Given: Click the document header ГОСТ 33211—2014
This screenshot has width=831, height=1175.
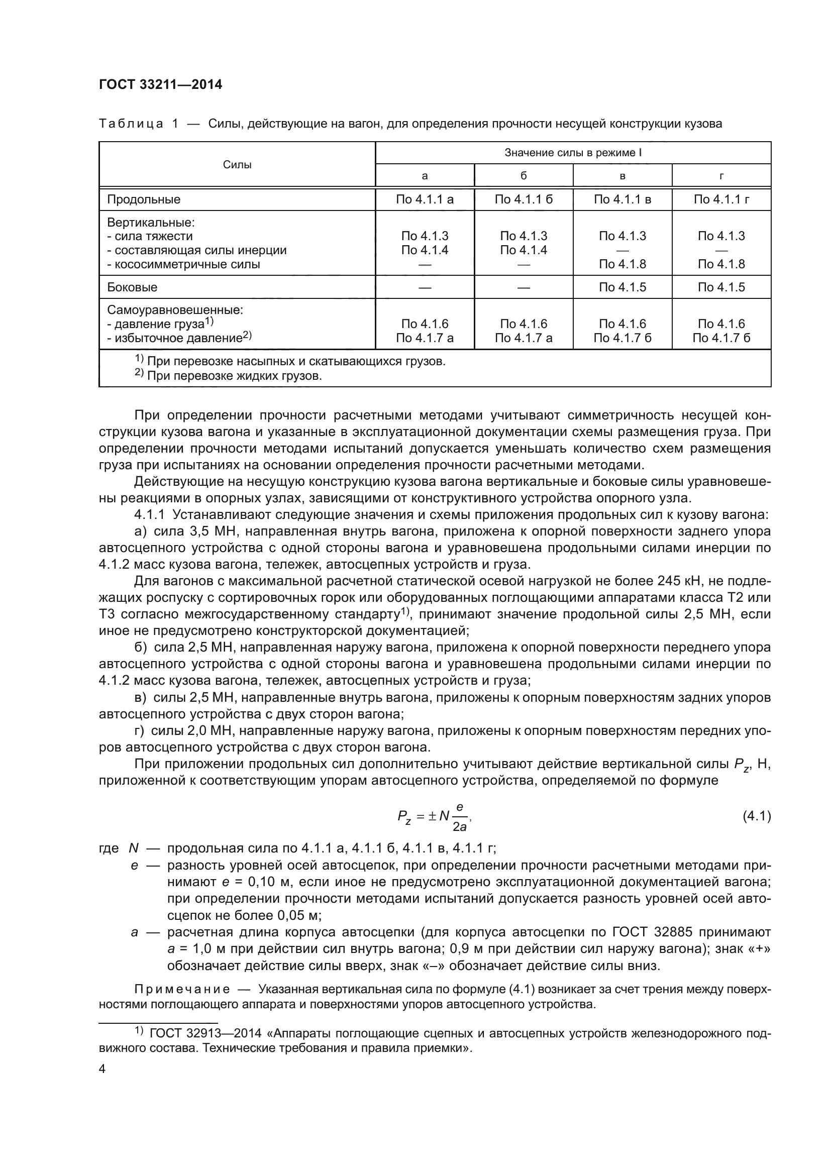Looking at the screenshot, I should pyautogui.click(x=160, y=85).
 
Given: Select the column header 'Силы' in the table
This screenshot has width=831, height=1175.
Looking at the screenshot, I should pyautogui.click(x=237, y=165).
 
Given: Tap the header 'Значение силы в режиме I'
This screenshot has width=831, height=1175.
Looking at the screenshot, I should pyautogui.click(x=573, y=153).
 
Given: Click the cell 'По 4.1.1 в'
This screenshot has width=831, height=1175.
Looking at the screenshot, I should pyautogui.click(x=622, y=199).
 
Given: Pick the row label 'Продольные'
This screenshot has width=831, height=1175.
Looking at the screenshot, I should pyautogui.click(x=144, y=199).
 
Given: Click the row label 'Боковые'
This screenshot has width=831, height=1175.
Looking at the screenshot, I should pyautogui.click(x=132, y=288).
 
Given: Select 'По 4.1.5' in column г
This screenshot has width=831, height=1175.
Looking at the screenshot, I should pyautogui.click(x=721, y=288).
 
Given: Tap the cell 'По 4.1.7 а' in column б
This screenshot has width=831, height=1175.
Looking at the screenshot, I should pyautogui.click(x=524, y=338).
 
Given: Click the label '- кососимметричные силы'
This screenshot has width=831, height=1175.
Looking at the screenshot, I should pyautogui.click(x=184, y=265).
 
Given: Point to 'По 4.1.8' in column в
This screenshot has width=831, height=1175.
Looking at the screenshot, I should pyautogui.click(x=622, y=265).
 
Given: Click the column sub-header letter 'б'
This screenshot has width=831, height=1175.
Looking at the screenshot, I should pyautogui.click(x=524, y=176).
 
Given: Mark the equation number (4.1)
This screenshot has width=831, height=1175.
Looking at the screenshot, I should pyautogui.click(x=756, y=816).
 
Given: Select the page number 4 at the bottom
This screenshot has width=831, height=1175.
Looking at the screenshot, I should pyautogui.click(x=102, y=1069).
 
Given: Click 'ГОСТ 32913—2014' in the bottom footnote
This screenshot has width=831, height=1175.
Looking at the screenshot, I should pyautogui.click(x=205, y=1034).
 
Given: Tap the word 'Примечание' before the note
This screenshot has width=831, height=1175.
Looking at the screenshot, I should pyautogui.click(x=182, y=989).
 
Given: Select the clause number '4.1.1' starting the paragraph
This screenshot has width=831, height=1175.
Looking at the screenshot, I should pyautogui.click(x=149, y=515).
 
